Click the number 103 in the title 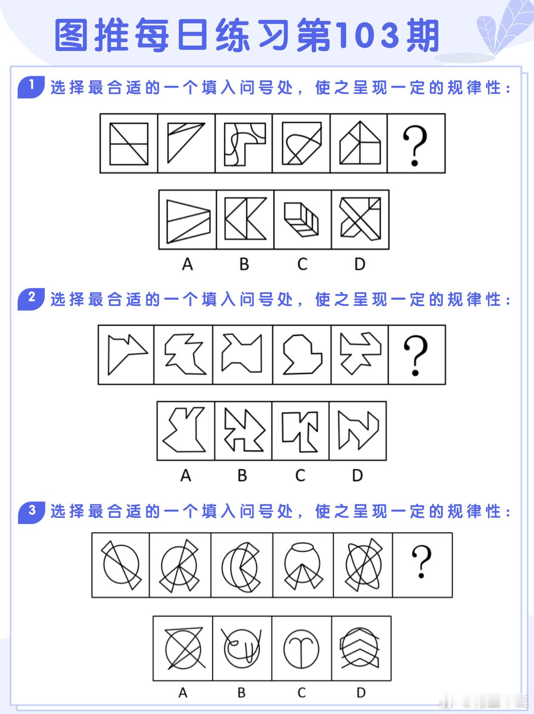368,36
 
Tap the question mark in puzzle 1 415,145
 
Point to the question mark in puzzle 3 421,562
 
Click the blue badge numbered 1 31,87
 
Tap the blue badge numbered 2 31,299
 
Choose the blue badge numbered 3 31,513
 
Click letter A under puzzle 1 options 187,264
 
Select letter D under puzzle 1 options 360,264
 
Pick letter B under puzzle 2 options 242,475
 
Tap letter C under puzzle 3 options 301,692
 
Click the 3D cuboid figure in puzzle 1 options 302,220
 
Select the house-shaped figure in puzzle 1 360,143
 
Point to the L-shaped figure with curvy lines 245,144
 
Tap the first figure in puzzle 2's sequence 128,355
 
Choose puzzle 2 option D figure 359,431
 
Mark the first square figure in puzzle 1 129,144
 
